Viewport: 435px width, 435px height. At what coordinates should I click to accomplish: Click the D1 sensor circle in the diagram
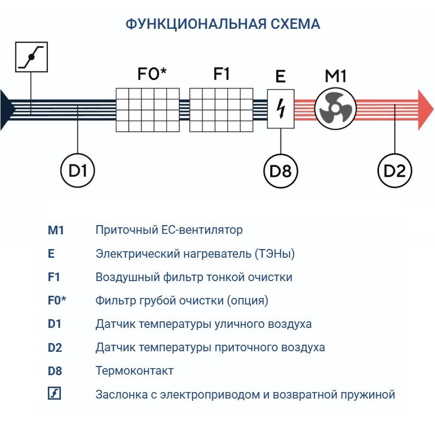click(78, 171)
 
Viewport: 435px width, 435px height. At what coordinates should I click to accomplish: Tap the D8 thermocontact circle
click(281, 171)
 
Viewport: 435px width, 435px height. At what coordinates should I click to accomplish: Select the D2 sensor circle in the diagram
click(394, 171)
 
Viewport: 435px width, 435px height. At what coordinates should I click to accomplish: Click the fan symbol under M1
click(335, 109)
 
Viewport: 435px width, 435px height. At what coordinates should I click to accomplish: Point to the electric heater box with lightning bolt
click(281, 109)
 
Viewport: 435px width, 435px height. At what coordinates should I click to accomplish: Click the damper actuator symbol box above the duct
click(31, 57)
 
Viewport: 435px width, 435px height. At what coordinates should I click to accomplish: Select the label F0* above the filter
click(152, 74)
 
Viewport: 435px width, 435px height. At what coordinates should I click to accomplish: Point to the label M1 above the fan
click(335, 76)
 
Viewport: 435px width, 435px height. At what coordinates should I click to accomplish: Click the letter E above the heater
click(281, 77)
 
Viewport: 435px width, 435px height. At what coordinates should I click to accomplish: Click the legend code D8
click(55, 371)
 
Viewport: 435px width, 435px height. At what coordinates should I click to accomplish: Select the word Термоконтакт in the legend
click(134, 371)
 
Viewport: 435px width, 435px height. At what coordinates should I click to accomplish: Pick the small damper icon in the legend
click(54, 393)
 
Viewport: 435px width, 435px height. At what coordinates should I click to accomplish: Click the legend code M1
click(56, 230)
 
